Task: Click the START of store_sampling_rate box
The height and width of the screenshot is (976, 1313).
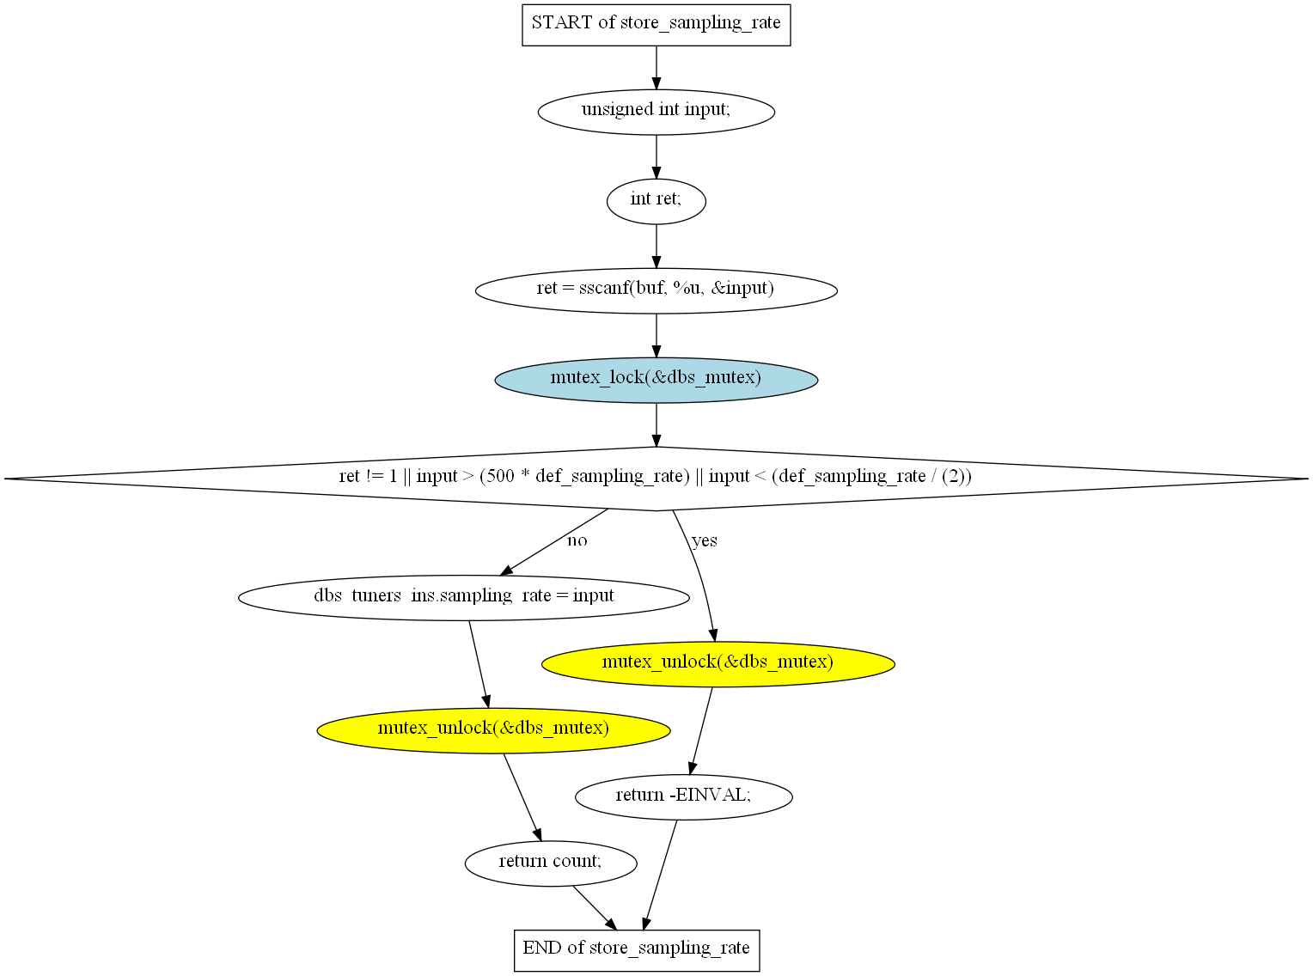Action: click(656, 25)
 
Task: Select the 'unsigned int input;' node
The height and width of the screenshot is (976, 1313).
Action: click(656, 112)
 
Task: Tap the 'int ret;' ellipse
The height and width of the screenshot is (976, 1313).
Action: click(656, 201)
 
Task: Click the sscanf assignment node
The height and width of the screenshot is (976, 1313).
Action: click(656, 290)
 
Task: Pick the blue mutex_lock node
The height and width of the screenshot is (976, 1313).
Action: click(656, 380)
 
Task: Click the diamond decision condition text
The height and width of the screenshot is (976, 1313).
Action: click(656, 477)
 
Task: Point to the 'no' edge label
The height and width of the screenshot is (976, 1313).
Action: click(577, 540)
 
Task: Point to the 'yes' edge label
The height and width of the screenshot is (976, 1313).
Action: click(705, 540)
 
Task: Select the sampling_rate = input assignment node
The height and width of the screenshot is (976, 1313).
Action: click(463, 598)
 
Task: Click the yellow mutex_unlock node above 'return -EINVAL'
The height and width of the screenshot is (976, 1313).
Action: click(718, 664)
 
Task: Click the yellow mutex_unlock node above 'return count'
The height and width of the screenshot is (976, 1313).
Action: click(494, 730)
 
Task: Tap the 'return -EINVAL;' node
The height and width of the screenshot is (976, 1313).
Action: click(684, 796)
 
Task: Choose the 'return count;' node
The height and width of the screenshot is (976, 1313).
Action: click(551, 863)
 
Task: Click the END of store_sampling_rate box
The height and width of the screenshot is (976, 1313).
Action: click(637, 950)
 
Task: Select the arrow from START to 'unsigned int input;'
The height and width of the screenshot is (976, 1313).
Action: click(656, 68)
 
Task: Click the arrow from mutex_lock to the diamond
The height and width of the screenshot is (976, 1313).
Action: click(656, 425)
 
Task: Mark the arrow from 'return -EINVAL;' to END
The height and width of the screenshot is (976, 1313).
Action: click(659, 875)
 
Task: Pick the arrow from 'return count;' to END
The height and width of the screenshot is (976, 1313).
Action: click(595, 908)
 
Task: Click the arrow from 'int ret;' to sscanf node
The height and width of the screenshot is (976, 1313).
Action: click(656, 247)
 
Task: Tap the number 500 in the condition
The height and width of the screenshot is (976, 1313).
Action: click(500, 477)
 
